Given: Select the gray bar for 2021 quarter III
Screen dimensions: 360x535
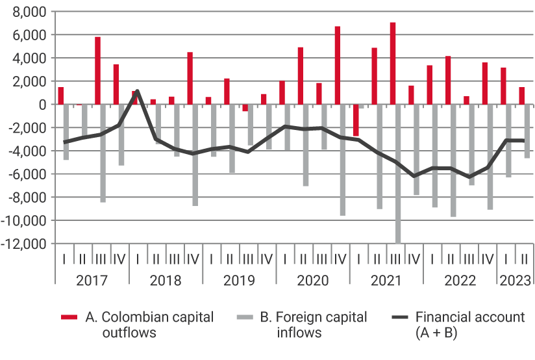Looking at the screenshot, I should tap(397, 174).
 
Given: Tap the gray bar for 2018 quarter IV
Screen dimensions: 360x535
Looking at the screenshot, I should tap(195, 155).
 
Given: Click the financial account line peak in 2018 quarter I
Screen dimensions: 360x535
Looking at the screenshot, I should tap(137, 90).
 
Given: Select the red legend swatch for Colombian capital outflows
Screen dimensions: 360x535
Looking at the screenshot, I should tap(69, 318).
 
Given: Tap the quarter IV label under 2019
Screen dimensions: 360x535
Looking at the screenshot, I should tap(266, 258).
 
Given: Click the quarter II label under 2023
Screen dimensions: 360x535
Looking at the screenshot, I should tap(523, 258).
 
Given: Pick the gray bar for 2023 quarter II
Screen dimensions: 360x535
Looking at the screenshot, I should tap(527, 131).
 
